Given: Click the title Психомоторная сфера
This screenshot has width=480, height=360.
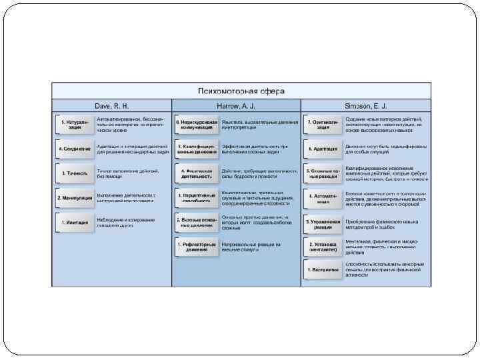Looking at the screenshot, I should pos(240,91).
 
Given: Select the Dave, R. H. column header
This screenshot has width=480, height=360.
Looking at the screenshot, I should pos(111,106).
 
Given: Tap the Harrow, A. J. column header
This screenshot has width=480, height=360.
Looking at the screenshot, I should pos(236,106).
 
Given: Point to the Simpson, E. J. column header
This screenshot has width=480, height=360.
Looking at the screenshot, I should pos(365,106).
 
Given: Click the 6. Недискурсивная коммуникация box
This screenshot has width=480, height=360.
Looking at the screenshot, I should pos(197,125).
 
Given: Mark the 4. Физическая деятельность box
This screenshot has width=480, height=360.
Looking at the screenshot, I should pos(197,173).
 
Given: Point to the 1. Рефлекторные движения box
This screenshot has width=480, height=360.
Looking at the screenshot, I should pos(197,247).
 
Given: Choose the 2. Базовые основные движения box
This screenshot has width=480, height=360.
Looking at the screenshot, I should pos(197,223).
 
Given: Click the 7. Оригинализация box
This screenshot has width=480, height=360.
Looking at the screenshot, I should pos(323,125).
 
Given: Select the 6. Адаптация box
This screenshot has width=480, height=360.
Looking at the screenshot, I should pos(323,149).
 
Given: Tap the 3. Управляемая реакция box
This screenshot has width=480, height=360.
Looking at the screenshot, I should pos(323,223).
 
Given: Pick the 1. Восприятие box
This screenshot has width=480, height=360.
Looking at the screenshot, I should pos(323,269).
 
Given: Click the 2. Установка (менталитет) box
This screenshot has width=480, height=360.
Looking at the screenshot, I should pos(323,247).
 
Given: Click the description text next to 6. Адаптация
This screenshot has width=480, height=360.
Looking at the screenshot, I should pos(381,149).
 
